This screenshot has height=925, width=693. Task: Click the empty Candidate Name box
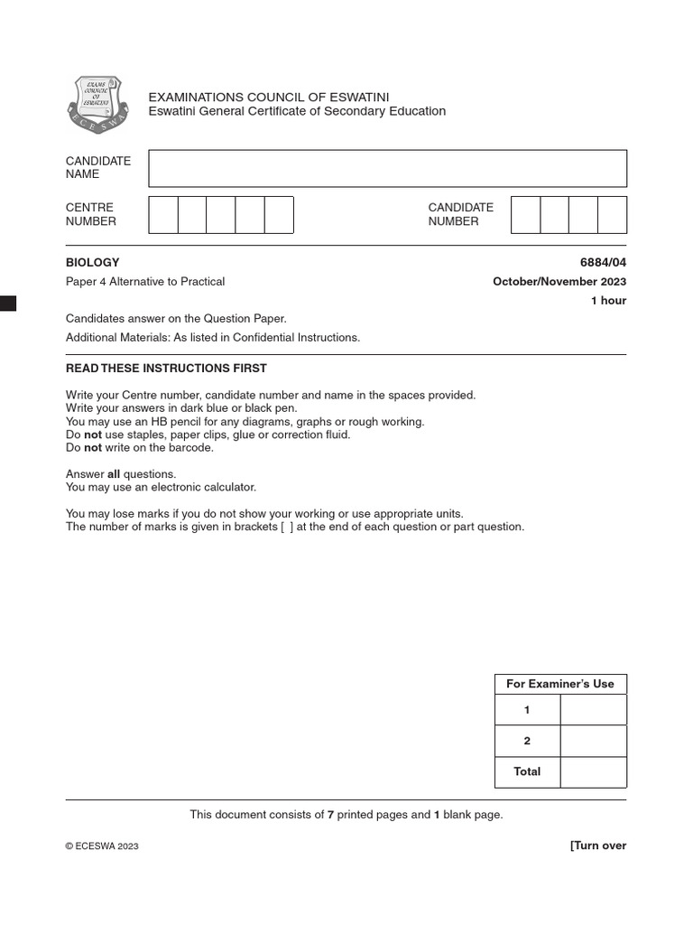[387, 168]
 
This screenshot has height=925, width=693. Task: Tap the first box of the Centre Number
[163, 215]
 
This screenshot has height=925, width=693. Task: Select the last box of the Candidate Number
[612, 215]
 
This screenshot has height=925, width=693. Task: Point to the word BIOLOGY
[92, 262]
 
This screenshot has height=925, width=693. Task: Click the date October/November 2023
[559, 281]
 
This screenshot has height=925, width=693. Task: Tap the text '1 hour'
[608, 301]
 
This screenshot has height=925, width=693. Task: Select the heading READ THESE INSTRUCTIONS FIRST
[166, 369]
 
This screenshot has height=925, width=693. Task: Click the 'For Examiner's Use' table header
[560, 684]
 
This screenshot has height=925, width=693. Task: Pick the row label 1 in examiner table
[527, 710]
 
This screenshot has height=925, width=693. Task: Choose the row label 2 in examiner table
[527, 741]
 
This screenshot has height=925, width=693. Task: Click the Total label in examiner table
[527, 771]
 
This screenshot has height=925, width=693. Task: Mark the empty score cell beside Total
[593, 771]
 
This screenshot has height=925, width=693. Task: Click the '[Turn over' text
[597, 846]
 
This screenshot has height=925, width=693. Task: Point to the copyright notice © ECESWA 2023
[102, 846]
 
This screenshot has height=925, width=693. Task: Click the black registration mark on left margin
[8, 304]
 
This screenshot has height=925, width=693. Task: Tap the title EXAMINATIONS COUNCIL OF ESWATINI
[269, 97]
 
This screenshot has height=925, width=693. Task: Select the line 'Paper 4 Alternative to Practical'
[145, 281]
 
